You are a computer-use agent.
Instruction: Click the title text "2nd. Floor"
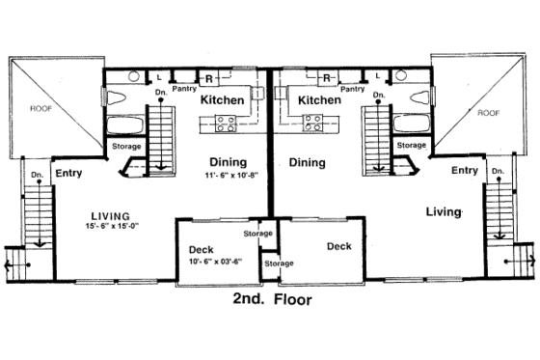click(x=273, y=299)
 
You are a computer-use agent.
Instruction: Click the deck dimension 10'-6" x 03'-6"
click(x=213, y=261)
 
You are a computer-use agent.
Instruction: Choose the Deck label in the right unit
click(x=338, y=246)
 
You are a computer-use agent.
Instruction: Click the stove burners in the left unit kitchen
click(x=226, y=123)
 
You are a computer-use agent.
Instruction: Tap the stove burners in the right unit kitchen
click(x=313, y=123)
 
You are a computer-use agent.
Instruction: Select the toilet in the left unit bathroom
click(x=112, y=97)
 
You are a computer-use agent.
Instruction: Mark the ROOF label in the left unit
click(x=40, y=109)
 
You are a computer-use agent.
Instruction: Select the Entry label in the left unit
click(x=68, y=174)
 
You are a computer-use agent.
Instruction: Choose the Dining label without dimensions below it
click(x=307, y=163)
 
